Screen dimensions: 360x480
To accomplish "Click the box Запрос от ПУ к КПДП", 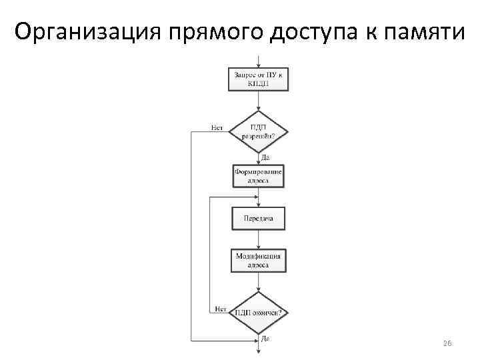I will pos(258,79).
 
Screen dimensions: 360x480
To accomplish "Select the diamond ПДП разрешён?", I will pos(258,130).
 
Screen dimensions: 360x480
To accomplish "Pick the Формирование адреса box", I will pos(258,176).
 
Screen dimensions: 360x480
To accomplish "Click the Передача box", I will pos(258,219).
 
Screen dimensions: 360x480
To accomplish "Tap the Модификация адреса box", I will pos(258,260).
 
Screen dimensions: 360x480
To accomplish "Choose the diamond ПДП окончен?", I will pos(258,312).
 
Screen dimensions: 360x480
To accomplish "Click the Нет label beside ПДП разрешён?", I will pos(217,127).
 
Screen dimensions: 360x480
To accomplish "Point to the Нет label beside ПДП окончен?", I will pos(221,309).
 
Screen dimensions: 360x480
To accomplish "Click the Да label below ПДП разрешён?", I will pos(265,158).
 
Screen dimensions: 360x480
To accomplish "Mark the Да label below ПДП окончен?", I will pos(265,339).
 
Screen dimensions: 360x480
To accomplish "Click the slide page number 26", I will pos(447,343).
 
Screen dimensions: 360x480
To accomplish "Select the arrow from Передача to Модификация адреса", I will pos(258,239).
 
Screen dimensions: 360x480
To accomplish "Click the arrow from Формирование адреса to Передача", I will pos(258,198).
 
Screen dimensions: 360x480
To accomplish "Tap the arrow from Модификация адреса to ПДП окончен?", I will pos(258,282).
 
